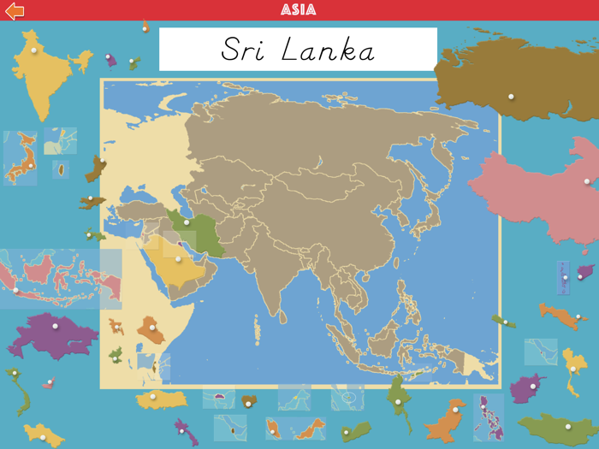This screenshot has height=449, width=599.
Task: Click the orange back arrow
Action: pyautogui.click(x=15, y=10)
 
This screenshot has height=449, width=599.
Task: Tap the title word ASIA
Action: pyautogui.click(x=299, y=10)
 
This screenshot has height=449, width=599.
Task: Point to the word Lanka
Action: pyautogui.click(x=329, y=50)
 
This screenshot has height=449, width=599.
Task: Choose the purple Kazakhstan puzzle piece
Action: pyautogui.click(x=51, y=334)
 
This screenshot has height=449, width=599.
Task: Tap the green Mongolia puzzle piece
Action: pyautogui.click(x=560, y=425)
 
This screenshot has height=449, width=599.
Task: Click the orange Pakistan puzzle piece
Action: pyautogui.click(x=445, y=419)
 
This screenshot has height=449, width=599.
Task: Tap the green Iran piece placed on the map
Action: pyautogui.click(x=197, y=231)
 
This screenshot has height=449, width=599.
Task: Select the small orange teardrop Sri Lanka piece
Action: pyautogui.click(x=62, y=170)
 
